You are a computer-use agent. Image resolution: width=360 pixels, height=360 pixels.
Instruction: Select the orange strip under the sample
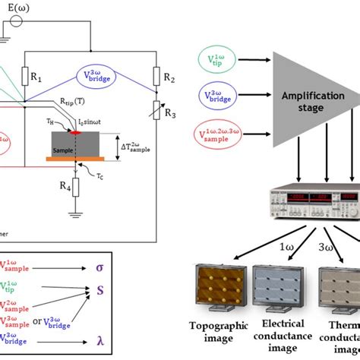[x=70, y=159]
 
